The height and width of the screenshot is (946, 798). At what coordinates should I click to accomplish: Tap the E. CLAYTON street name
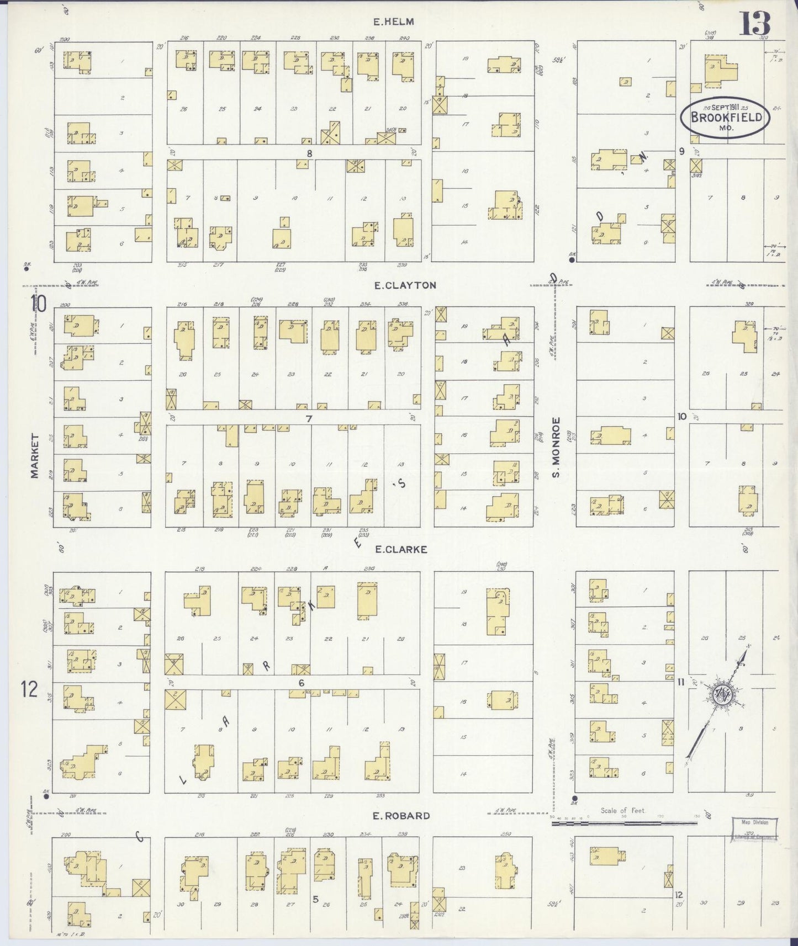pos(404,285)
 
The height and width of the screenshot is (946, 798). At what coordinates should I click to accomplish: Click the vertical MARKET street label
pos(35,463)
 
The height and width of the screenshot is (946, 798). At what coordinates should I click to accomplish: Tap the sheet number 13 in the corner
pos(755,23)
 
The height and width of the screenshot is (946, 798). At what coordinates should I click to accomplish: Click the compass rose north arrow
pos(721,694)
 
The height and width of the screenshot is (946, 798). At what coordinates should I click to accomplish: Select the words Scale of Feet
pos(622,811)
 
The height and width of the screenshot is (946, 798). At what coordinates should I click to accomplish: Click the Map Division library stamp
pos(755,829)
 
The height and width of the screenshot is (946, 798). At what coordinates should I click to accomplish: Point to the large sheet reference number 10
pos(39,303)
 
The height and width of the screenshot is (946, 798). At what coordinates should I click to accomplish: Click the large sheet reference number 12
pos(30,689)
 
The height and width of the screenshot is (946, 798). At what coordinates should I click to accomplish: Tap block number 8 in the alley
pos(310,153)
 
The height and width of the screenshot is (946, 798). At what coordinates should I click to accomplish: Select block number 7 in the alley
pos(309,418)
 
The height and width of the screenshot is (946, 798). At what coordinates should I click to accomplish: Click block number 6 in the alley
pos(302,683)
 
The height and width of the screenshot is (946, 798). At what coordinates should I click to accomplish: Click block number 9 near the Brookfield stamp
pos(682,151)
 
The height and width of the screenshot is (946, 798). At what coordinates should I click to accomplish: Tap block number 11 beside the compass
pos(681,682)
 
